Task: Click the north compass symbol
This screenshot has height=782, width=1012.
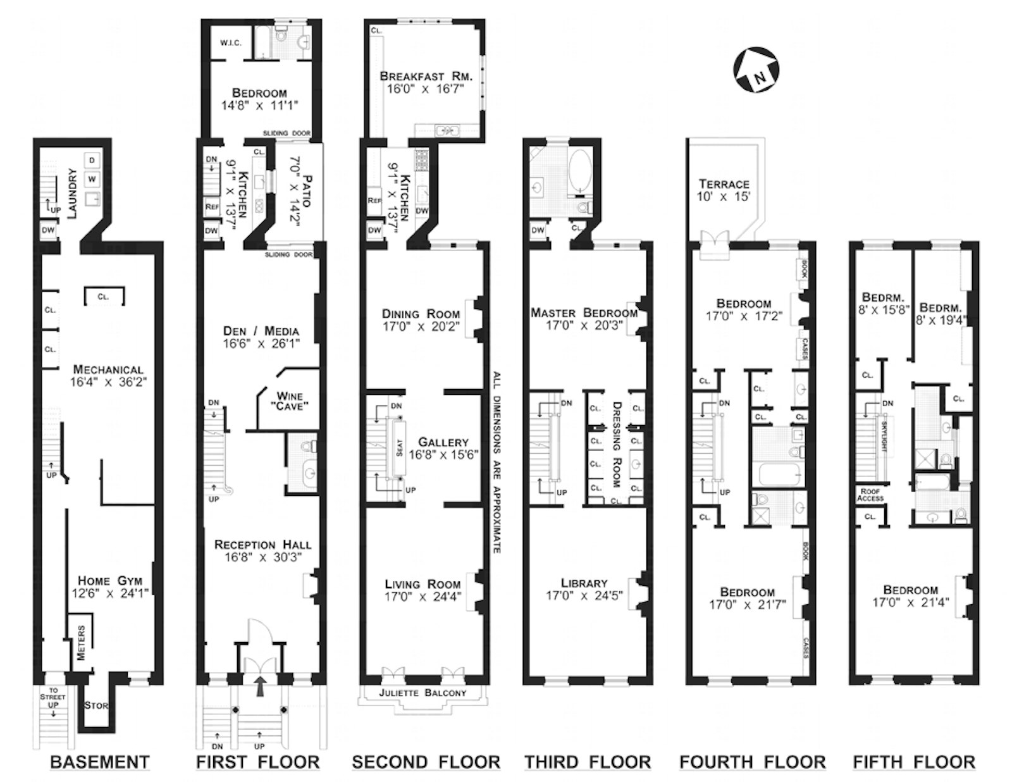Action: click(756, 70)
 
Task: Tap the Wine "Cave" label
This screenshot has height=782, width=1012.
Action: click(290, 400)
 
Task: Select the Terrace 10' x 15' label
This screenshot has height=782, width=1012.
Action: click(724, 184)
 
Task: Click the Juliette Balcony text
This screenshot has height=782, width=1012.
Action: click(423, 693)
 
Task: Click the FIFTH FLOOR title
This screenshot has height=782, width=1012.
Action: click(914, 762)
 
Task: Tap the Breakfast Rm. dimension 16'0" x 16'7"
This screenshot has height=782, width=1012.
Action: click(426, 89)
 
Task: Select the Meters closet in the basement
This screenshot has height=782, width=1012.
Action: click(81, 643)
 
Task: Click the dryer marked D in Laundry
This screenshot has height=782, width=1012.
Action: click(92, 160)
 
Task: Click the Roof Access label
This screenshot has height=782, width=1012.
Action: click(870, 495)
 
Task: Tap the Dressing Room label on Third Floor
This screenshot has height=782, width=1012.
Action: click(616, 444)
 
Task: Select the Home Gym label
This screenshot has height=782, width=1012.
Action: click(110, 580)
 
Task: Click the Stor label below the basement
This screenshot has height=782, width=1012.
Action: click(96, 705)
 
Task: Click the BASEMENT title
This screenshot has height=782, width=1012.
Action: click(100, 762)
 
